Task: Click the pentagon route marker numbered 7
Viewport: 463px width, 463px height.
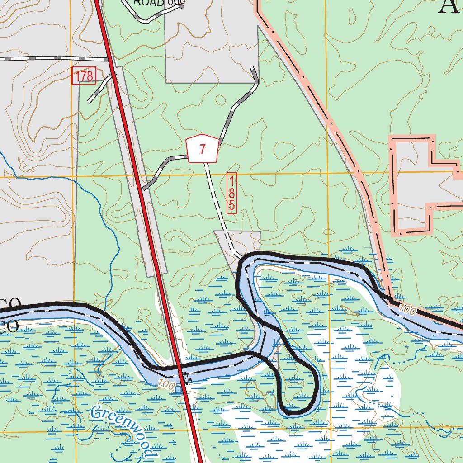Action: coord(203,149)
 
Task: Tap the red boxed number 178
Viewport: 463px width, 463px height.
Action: coord(84,76)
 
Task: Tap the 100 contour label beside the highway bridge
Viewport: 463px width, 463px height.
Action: coord(167,385)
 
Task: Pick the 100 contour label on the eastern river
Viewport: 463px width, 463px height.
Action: coord(408,310)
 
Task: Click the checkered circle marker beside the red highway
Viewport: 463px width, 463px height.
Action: coord(186,380)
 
